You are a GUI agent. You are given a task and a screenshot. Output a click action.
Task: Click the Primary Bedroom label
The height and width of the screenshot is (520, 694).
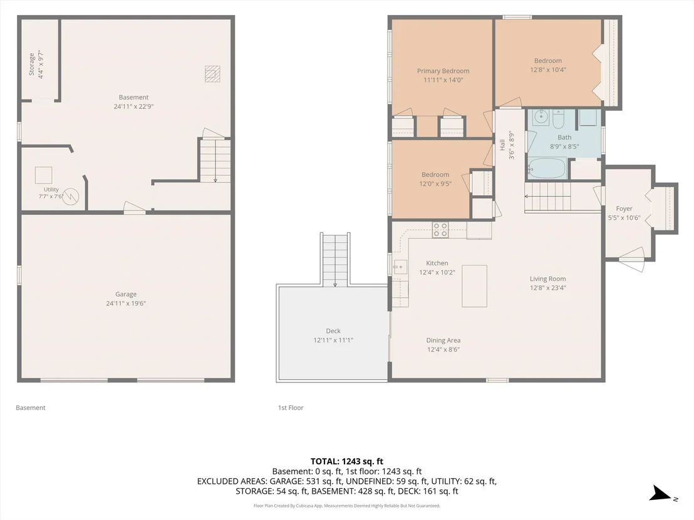[x=443, y=71]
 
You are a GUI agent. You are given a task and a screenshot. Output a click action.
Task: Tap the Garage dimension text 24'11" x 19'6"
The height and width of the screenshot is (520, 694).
[x=126, y=303]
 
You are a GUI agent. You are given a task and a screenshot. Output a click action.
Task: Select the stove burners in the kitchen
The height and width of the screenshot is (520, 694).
[x=440, y=230]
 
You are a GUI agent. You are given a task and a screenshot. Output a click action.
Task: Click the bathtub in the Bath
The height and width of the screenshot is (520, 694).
[x=546, y=168]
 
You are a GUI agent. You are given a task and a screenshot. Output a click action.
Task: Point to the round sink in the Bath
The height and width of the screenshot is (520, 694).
[x=541, y=117]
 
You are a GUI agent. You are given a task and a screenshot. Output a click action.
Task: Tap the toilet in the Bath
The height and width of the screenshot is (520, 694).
[x=557, y=118]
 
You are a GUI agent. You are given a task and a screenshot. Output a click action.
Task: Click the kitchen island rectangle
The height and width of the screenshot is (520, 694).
[x=475, y=286]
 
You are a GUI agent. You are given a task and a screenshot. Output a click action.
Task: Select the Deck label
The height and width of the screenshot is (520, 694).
[x=333, y=331]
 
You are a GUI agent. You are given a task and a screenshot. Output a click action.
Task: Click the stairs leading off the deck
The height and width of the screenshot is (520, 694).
[x=335, y=260]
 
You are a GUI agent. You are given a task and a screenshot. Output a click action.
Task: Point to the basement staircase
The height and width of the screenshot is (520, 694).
[x=215, y=161]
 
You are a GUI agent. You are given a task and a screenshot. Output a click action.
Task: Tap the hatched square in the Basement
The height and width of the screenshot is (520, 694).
[x=212, y=74]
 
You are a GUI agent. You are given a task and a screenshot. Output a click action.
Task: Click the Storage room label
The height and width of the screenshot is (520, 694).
[x=31, y=64]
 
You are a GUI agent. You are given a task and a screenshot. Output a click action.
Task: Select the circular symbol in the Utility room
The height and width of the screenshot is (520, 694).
[x=70, y=196]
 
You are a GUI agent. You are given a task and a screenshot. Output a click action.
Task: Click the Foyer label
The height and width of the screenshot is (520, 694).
[x=624, y=209]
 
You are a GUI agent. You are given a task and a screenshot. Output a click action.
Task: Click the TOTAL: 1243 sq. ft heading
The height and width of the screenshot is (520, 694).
[x=346, y=462]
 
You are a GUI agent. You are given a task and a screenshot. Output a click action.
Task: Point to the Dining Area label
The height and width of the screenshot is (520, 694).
[x=443, y=340]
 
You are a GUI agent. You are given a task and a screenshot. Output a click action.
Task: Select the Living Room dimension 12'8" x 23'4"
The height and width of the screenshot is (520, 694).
[x=548, y=288]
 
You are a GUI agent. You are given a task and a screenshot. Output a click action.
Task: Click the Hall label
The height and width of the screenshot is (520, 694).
[x=502, y=145]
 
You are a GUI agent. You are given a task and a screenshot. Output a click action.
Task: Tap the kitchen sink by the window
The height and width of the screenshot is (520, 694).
[x=401, y=267]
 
